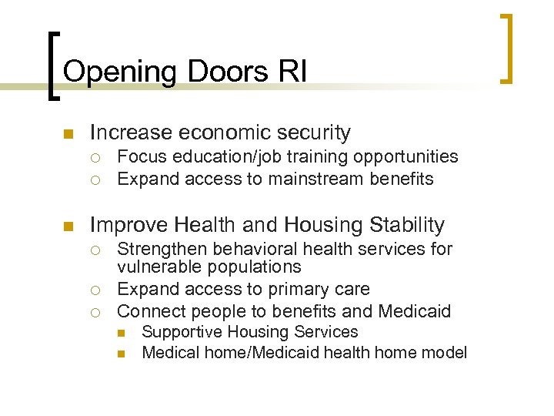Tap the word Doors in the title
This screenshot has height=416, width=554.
tap(223, 72)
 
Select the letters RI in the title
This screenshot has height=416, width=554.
tap(292, 72)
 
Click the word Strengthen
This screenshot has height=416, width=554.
tap(161, 249)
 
